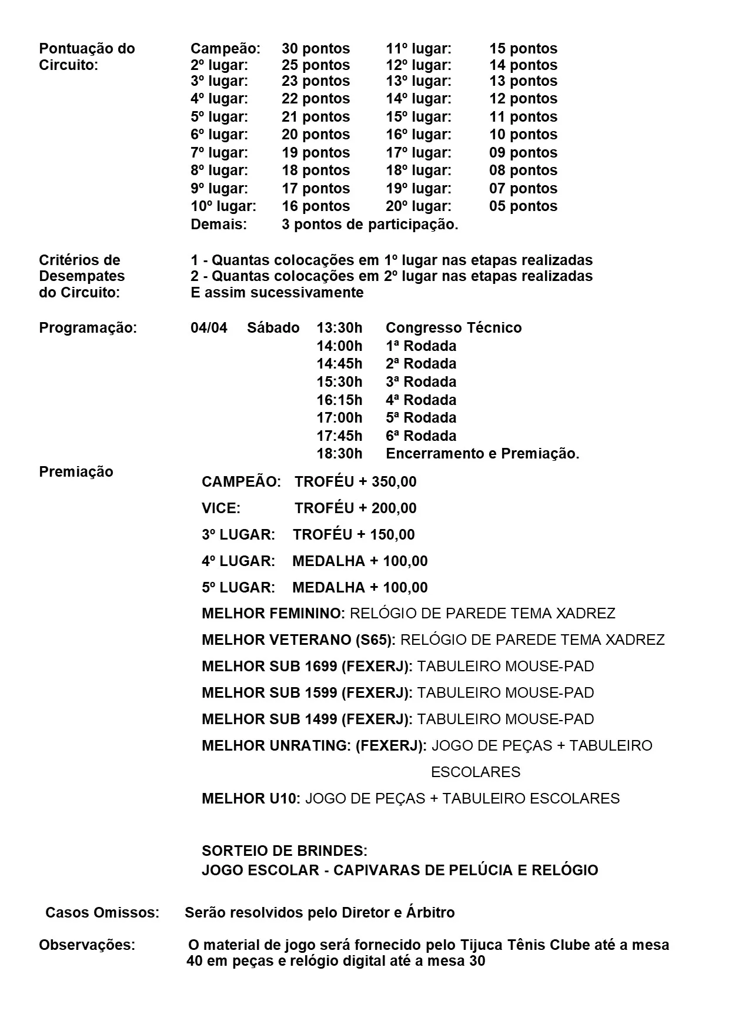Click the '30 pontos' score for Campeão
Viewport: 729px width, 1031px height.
point(315,49)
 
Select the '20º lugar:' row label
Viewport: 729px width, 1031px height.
point(419,206)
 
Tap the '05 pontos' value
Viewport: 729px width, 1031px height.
point(523,206)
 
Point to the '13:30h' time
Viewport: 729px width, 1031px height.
point(339,328)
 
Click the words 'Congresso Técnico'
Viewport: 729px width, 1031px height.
point(453,328)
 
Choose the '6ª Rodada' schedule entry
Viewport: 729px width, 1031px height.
point(421,436)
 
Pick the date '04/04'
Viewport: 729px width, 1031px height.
point(209,328)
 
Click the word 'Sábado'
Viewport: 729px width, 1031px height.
point(273,328)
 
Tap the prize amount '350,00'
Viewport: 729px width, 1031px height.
point(394,482)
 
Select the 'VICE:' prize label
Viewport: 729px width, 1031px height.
point(221,508)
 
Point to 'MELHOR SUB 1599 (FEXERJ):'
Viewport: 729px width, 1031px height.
point(307,693)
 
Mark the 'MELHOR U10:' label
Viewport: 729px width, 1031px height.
point(251,799)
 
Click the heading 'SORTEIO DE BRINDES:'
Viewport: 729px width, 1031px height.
point(285,851)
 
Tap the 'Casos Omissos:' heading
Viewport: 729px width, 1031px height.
point(102,913)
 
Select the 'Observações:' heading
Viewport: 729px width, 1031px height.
point(87,945)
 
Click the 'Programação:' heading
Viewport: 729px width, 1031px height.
point(88,328)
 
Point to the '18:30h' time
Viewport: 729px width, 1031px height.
point(339,454)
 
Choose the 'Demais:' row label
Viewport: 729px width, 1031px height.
point(219,225)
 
